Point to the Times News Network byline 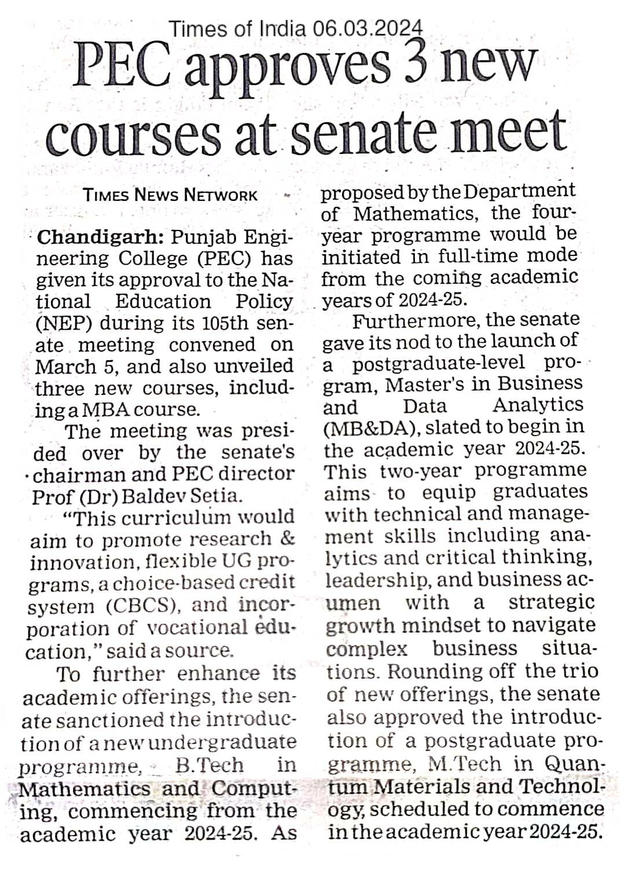[170, 195]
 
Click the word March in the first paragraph [61, 367]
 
